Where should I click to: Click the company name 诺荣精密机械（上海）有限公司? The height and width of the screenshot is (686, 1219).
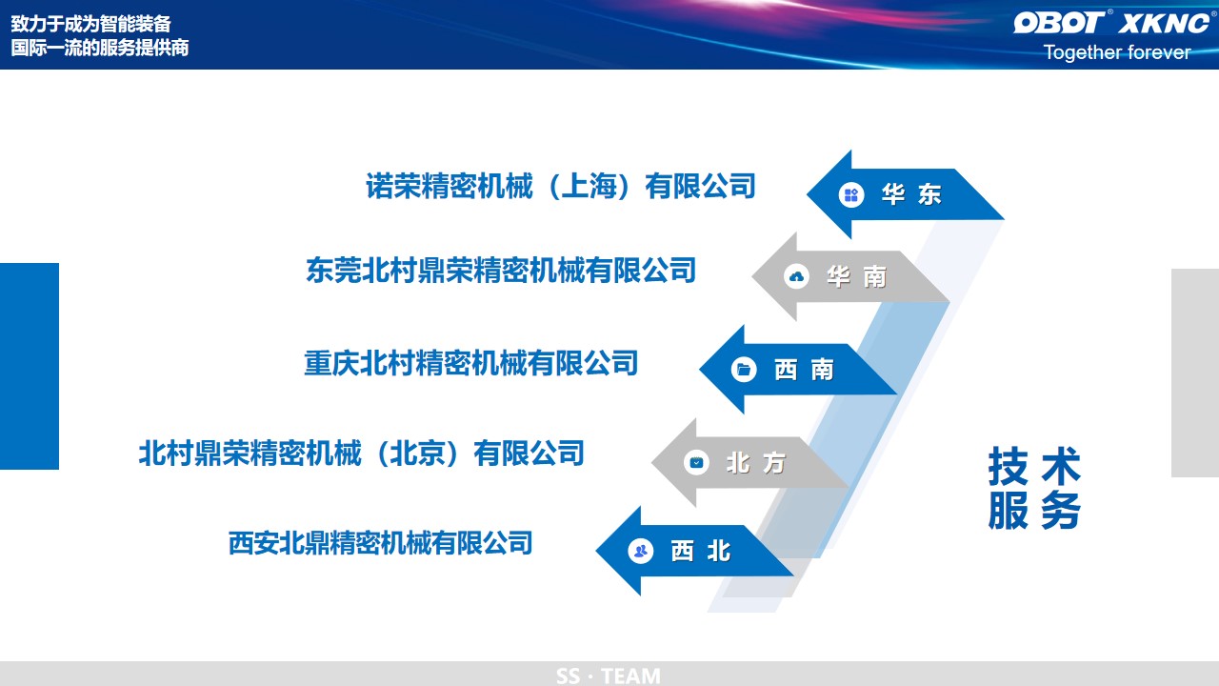(x=561, y=186)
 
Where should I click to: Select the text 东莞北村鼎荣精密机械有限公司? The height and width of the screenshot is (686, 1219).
(x=501, y=270)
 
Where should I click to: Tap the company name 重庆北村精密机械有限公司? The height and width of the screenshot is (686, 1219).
(x=471, y=363)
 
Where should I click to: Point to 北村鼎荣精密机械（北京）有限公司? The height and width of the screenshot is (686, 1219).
(x=362, y=453)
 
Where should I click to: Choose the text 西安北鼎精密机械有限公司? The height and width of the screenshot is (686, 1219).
(x=380, y=543)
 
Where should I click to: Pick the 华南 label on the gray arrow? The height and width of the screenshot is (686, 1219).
(x=856, y=276)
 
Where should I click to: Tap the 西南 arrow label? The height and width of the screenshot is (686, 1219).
(x=804, y=370)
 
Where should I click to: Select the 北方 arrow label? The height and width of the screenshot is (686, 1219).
(x=756, y=463)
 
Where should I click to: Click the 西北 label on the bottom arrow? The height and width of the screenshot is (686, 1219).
(x=700, y=551)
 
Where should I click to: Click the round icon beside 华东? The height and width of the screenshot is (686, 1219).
(x=851, y=194)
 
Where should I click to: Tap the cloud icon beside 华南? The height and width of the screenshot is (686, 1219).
(x=796, y=276)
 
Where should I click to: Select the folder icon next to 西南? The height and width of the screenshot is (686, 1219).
(x=744, y=370)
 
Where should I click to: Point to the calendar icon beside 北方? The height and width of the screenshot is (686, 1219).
(x=696, y=463)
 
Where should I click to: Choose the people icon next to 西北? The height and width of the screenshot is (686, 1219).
(x=641, y=551)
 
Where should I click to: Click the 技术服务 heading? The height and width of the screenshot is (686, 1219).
(x=1034, y=488)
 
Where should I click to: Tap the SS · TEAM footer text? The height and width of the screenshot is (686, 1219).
(x=609, y=676)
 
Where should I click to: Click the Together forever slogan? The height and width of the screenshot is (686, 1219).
(x=1117, y=52)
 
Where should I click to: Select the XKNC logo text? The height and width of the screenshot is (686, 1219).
(x=1164, y=23)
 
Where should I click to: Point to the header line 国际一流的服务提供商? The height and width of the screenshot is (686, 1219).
(x=100, y=48)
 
